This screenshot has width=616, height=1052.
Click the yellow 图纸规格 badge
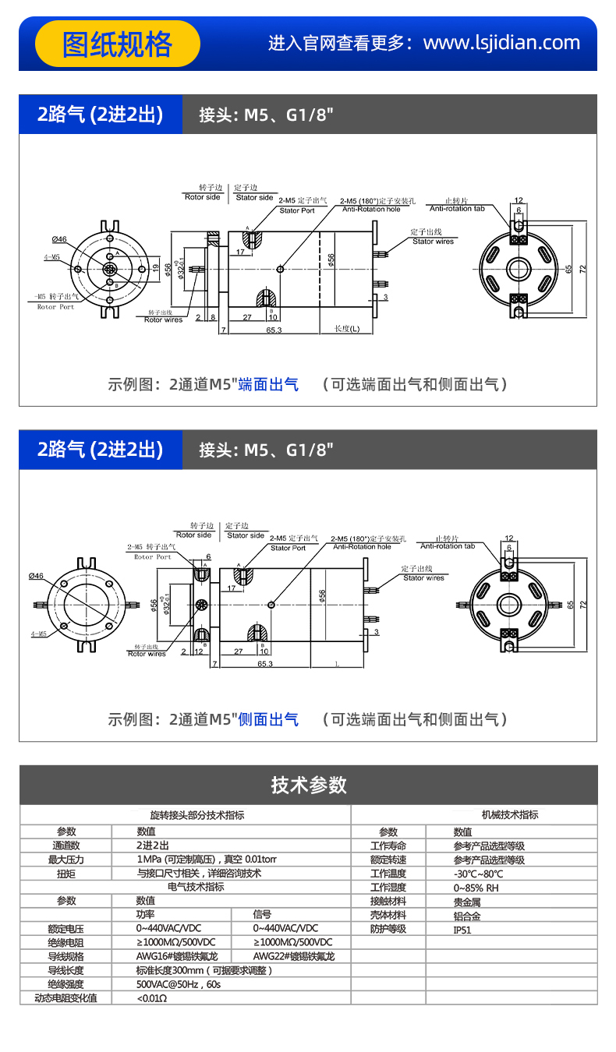pos(117,44)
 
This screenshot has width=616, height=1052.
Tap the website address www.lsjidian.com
pos(501,43)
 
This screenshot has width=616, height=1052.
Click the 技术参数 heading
pos(308,785)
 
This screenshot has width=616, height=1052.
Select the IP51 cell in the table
pos(462,929)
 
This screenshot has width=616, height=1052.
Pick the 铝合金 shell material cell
pos(467,916)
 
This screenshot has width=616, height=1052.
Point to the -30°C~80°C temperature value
pos(478,874)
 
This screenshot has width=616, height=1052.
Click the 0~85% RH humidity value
pos(476,888)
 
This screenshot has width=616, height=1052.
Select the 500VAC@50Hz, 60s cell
pos(179,984)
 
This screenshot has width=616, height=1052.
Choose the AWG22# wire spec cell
pos(293,956)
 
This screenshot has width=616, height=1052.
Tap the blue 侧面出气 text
pos(268,719)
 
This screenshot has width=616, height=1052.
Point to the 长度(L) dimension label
pos(347,328)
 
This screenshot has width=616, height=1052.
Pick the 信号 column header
pos(262,914)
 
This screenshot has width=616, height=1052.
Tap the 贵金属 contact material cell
pos(467,902)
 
